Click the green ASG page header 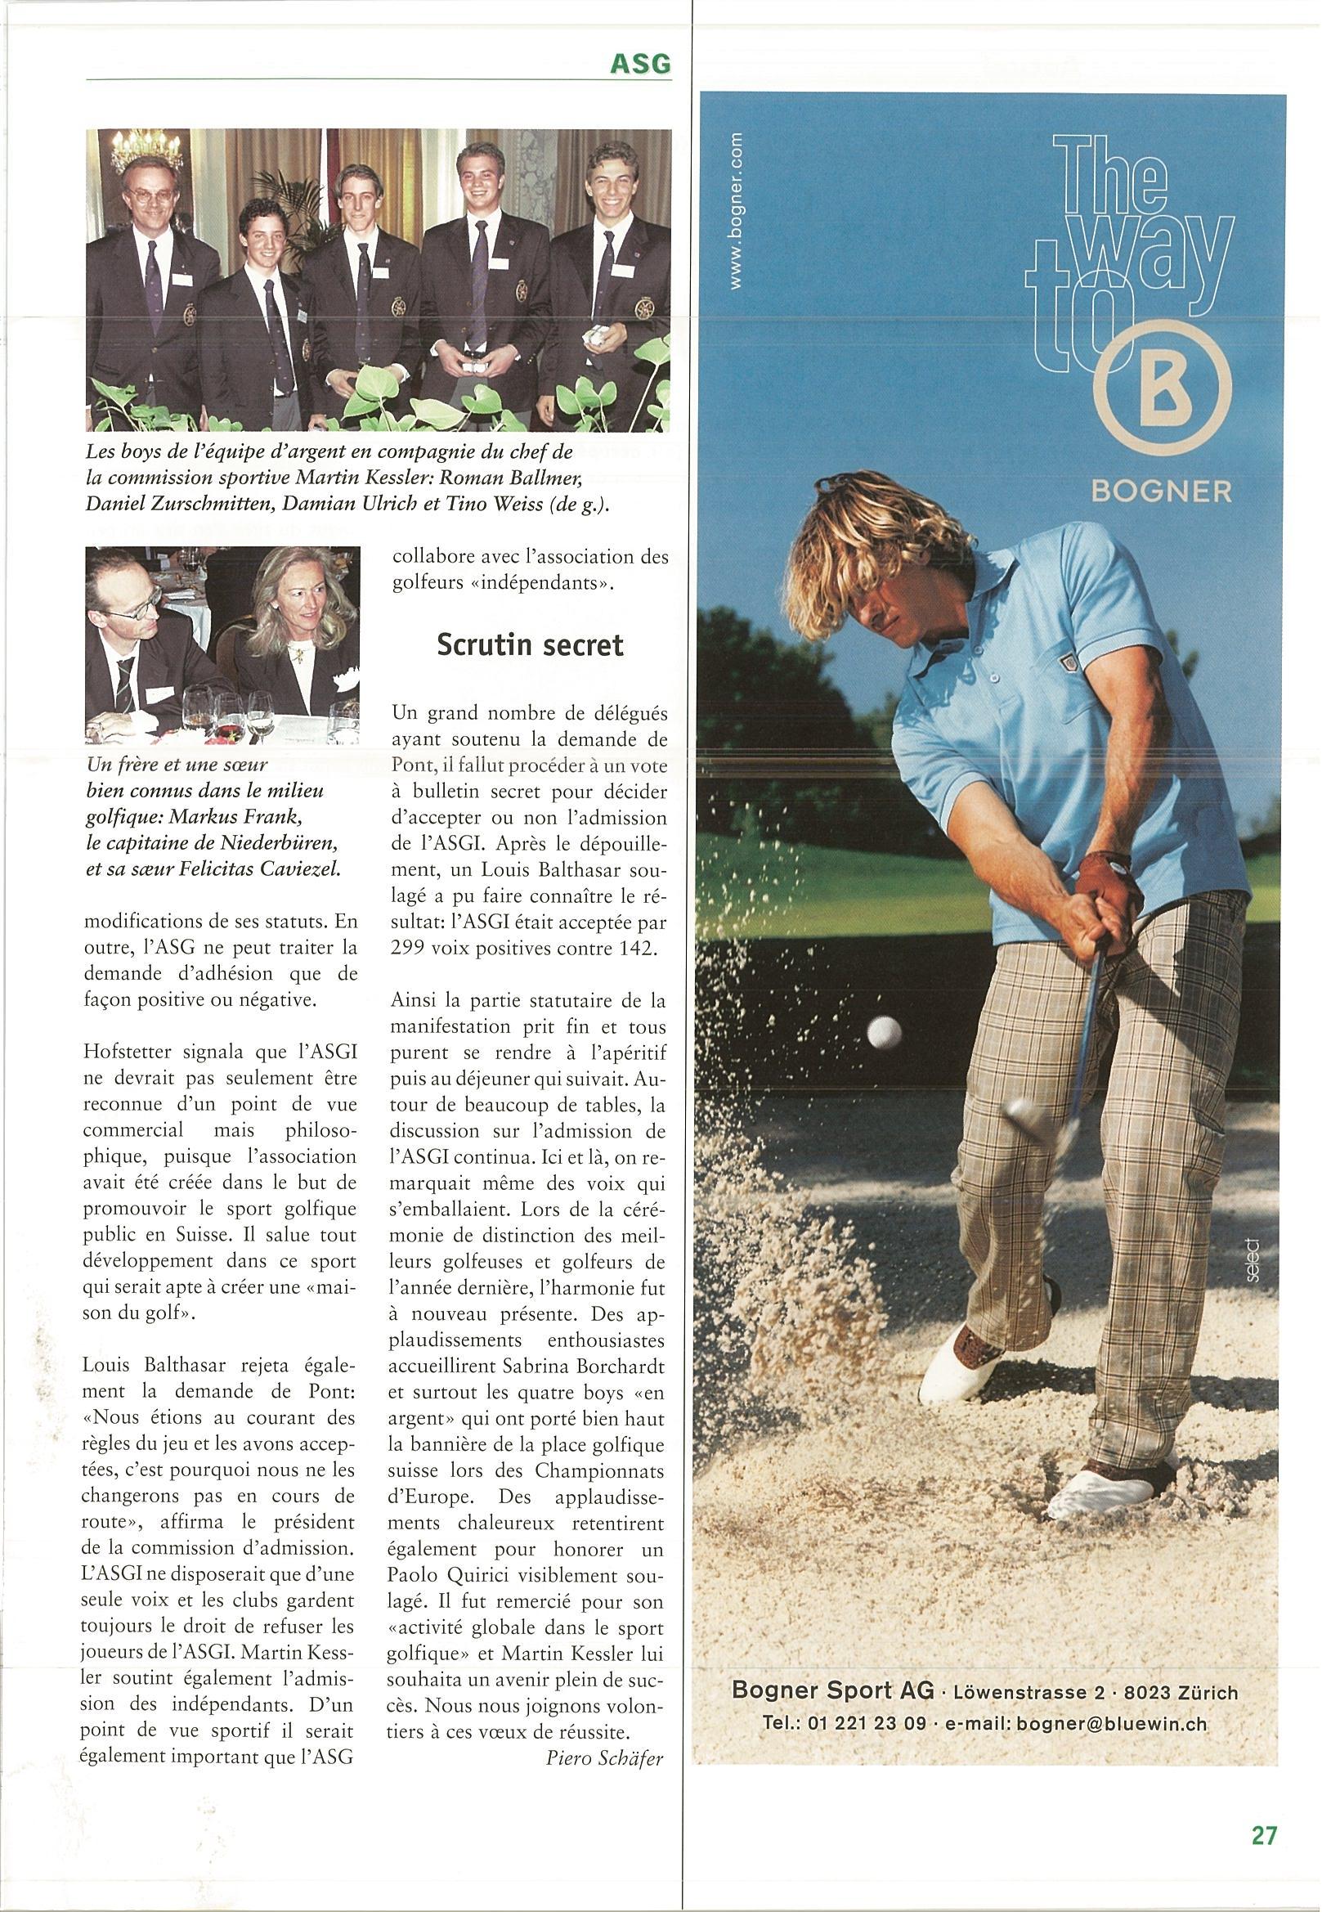click(x=640, y=64)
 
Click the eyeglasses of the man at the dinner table click(x=132, y=610)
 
